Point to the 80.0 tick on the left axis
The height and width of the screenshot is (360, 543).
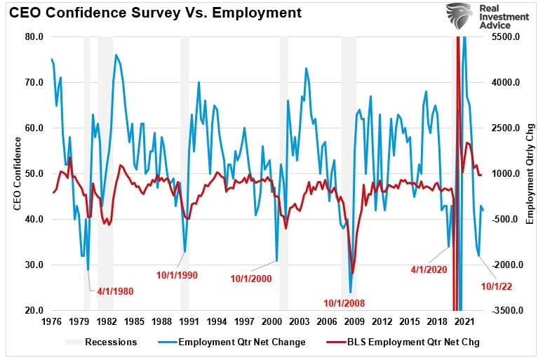[34, 36]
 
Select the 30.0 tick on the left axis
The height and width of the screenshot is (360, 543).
[34, 265]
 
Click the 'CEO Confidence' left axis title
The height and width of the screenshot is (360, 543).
[17, 174]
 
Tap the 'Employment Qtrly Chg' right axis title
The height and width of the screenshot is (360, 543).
[530, 174]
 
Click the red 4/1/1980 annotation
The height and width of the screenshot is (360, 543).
[115, 291]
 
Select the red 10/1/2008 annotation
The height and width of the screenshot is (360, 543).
[349, 303]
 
